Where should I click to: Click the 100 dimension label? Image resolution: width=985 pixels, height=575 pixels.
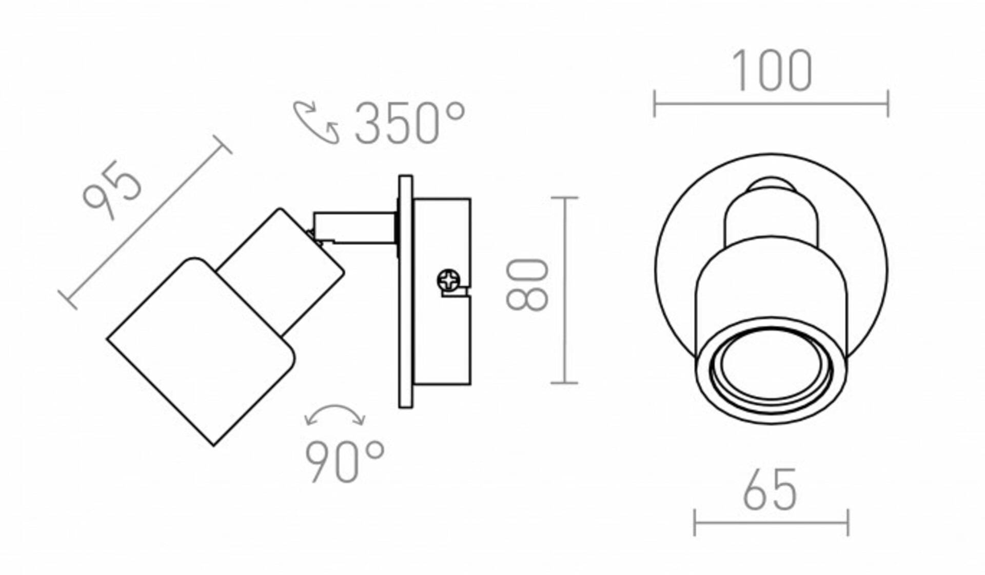tap(772, 71)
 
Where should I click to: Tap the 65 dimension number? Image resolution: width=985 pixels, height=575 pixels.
tap(770, 489)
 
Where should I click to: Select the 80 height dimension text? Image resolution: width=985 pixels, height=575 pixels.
tap(527, 285)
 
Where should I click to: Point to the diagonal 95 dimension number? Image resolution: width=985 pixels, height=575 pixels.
tap(112, 190)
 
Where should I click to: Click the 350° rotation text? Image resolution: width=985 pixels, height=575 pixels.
tap(410, 123)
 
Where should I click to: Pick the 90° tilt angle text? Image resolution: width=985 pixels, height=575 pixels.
tap(345, 462)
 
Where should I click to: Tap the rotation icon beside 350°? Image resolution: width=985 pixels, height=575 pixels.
tap(316, 122)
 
